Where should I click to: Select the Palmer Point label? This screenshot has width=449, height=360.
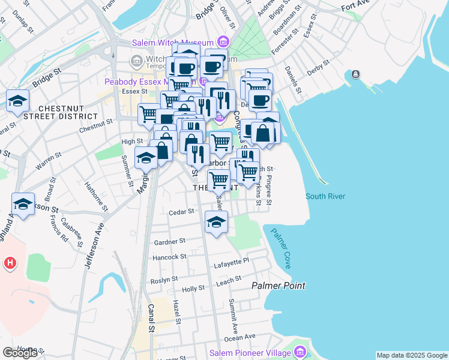tap(278, 286)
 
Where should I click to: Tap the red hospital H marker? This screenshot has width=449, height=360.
tap(10, 263)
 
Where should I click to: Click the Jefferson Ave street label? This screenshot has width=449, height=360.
tap(94, 246)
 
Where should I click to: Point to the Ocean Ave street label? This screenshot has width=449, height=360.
tap(240, 337)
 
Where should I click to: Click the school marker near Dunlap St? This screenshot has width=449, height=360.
tap(18, 100)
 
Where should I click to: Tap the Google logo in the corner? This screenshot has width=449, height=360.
tap(20, 353)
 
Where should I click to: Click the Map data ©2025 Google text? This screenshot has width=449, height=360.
tap(411, 355)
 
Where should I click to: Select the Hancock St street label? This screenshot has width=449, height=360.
tap(169, 257)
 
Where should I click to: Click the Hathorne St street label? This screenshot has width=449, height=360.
tap(96, 197)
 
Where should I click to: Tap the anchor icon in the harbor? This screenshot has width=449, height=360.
tap(356, 74)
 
